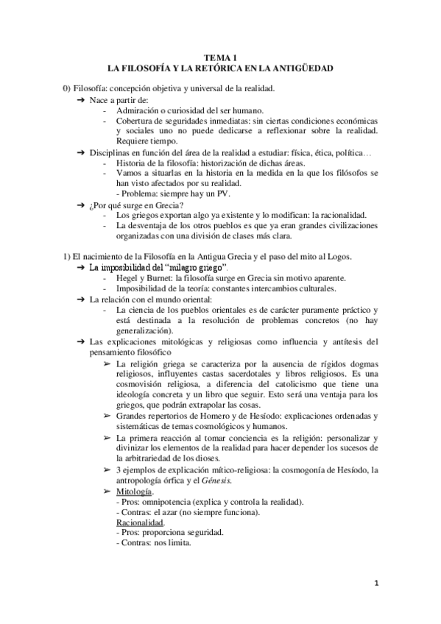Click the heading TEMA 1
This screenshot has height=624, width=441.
220,57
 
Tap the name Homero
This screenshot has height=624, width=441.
196,415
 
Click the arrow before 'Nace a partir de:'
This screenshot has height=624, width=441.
82,99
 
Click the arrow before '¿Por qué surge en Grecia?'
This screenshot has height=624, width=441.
82,204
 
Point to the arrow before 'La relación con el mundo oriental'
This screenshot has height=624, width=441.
82,299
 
